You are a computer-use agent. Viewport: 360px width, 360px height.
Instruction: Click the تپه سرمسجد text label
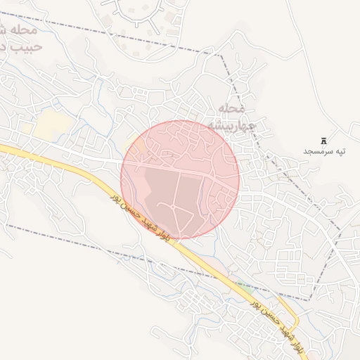click(x=326, y=151)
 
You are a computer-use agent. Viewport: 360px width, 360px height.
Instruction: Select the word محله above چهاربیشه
click(x=231, y=110)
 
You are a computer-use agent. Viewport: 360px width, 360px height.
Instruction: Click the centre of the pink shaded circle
click(x=180, y=179)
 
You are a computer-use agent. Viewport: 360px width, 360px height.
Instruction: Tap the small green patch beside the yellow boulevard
click(x=244, y=285)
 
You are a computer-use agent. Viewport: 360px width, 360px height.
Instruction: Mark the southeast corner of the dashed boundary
click(x=309, y=300)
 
